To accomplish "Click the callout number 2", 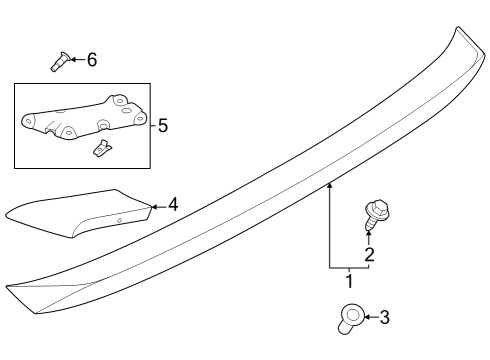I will (369, 255).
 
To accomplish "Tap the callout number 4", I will (173, 205).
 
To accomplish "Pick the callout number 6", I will (91, 60).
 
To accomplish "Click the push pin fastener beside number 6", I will (59, 62).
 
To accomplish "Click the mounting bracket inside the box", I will (80, 118).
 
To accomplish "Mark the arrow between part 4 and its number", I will (158, 206).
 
